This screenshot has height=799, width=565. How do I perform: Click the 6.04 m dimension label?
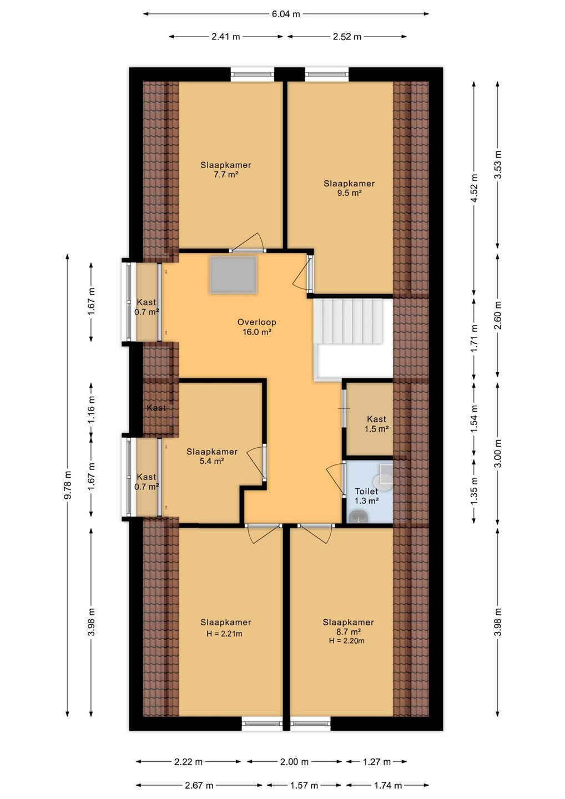pyautogui.click(x=286, y=14)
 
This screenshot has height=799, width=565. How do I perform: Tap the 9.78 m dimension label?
pyautogui.click(x=68, y=485)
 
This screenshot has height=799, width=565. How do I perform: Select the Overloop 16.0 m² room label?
pyautogui.click(x=257, y=327)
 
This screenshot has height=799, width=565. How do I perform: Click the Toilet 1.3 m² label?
pyautogui.click(x=366, y=496)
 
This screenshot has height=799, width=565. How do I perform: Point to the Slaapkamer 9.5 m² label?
pyautogui.click(x=349, y=188)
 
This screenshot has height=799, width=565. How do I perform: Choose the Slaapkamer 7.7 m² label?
pyautogui.click(x=225, y=170)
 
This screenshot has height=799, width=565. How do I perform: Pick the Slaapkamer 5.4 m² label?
pyautogui.click(x=212, y=456)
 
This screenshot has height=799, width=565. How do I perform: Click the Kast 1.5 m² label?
pyautogui.click(x=376, y=424)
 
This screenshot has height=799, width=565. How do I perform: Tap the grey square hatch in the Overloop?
pyautogui.click(x=233, y=275)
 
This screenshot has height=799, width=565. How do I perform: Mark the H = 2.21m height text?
pyautogui.click(x=224, y=634)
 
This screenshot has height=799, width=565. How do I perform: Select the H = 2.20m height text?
pyautogui.click(x=347, y=641)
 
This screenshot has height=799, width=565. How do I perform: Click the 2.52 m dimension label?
pyautogui.click(x=347, y=37)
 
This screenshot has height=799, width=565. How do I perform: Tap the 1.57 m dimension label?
pyautogui.click(x=304, y=786)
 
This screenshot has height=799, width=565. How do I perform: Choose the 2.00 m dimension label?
pyautogui.click(x=294, y=762)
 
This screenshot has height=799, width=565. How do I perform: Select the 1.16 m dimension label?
pyautogui.click(x=92, y=409)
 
